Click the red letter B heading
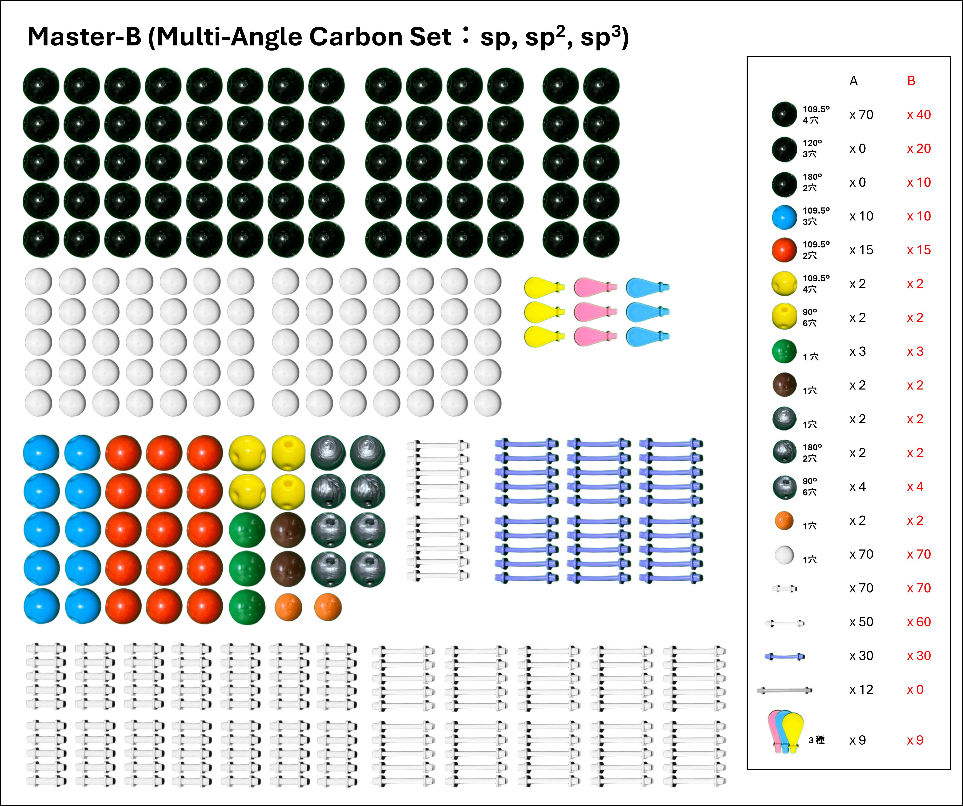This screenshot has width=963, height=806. pyautogui.click(x=911, y=81)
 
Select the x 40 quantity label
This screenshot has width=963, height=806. pyautogui.click(x=919, y=115)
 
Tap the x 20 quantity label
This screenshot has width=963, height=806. pyautogui.click(x=919, y=149)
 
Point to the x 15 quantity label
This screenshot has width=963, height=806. pyautogui.click(x=919, y=250)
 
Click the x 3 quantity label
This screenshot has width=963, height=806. pyautogui.click(x=915, y=351)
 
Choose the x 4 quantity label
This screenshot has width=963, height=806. pyautogui.click(x=915, y=487)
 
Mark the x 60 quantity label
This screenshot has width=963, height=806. pyautogui.click(x=919, y=622)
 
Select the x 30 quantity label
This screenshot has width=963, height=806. pyautogui.click(x=919, y=656)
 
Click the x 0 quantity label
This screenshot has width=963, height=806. pyautogui.click(x=915, y=689)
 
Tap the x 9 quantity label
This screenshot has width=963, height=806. pyautogui.click(x=915, y=740)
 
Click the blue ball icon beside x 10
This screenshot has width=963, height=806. pyautogui.click(x=784, y=217)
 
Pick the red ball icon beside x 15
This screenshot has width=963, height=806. pyautogui.click(x=784, y=250)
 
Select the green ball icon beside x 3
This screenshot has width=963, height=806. pyautogui.click(x=784, y=351)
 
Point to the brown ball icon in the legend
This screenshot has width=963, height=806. pyautogui.click(x=784, y=385)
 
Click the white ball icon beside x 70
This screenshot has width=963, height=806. pyautogui.click(x=784, y=555)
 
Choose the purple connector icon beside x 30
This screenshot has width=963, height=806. pyautogui.click(x=784, y=657)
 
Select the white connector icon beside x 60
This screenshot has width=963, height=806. pyautogui.click(x=785, y=623)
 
